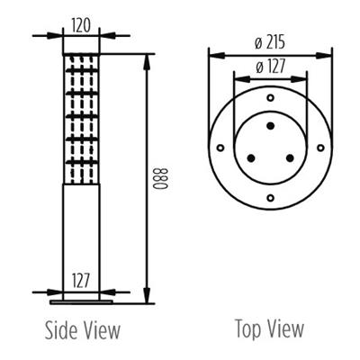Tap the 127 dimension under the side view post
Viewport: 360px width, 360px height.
pyautogui.click(x=82, y=280)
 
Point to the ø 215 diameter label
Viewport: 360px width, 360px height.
pyautogui.click(x=269, y=41)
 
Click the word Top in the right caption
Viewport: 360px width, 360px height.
pyautogui.click(x=247, y=328)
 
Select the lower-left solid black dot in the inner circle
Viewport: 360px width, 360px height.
pyautogui.click(x=250, y=157)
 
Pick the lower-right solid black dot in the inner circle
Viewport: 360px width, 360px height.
pyautogui.click(x=290, y=157)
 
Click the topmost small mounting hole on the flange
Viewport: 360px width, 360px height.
pyautogui.click(x=270, y=94)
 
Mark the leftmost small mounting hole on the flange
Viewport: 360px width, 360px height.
pyautogui.click(x=219, y=146)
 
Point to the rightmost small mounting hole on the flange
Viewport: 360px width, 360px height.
pyautogui.click(x=321, y=146)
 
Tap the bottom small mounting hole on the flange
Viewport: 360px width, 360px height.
pyautogui.click(x=270, y=197)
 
